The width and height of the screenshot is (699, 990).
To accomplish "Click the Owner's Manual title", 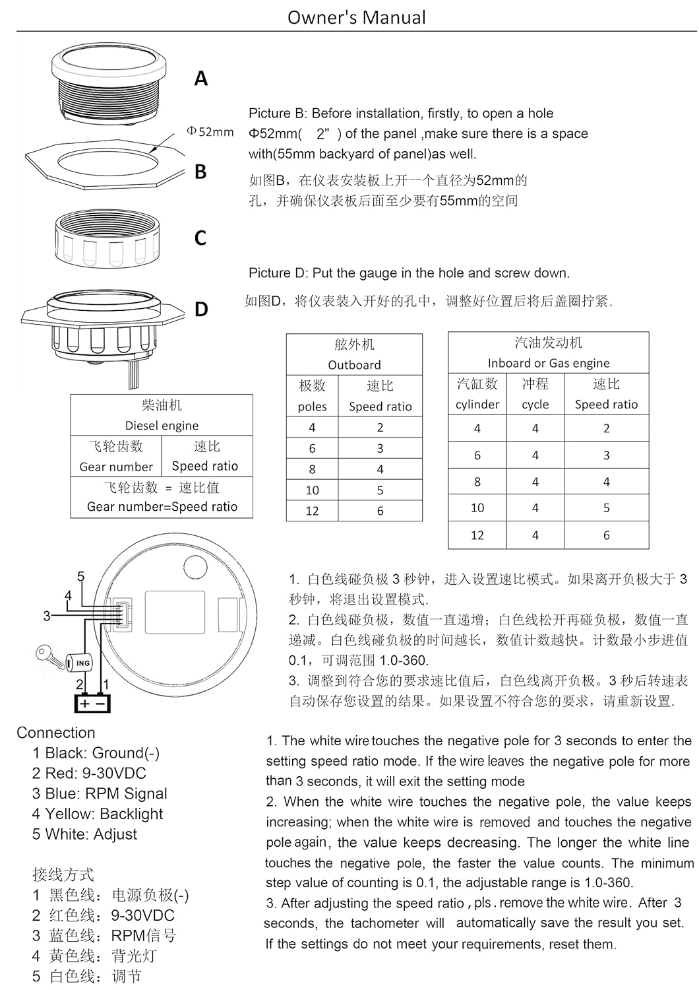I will (x=356, y=17).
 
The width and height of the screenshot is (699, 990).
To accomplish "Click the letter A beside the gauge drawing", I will (x=201, y=79).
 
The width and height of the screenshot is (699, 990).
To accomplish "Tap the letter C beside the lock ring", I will (x=200, y=238).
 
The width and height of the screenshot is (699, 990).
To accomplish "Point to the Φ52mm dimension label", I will (x=210, y=132).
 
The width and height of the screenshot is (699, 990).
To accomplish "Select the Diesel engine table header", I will (x=162, y=415).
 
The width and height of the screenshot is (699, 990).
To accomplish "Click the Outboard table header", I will (x=354, y=354).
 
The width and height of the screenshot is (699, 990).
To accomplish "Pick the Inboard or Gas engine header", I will (x=548, y=352).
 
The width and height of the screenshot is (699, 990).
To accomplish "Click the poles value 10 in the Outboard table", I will (x=312, y=490).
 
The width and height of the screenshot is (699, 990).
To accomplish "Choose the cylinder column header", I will (x=477, y=394).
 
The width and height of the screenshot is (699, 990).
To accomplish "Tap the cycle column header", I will (x=535, y=394).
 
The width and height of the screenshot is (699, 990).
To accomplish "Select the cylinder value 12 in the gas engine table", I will (x=477, y=535).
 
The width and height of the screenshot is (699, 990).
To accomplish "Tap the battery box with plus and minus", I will (x=92, y=703).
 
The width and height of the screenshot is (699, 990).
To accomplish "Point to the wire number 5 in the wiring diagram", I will (x=80, y=577).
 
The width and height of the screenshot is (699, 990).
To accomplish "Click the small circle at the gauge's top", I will (x=195, y=565).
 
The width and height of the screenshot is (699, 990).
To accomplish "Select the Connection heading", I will (x=55, y=733).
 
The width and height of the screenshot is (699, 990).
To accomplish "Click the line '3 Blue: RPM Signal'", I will (x=100, y=793).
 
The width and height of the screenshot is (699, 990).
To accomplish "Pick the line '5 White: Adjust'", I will (x=84, y=834).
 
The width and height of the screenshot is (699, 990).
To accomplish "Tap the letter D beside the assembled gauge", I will (x=201, y=309).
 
